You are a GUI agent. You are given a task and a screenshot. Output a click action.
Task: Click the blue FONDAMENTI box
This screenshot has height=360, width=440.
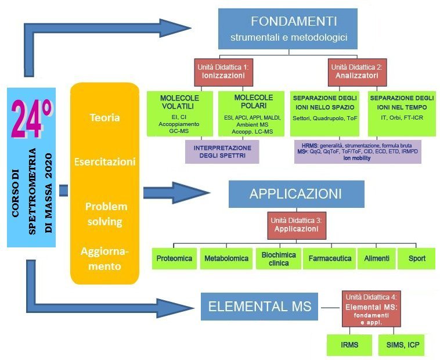coord(287,29)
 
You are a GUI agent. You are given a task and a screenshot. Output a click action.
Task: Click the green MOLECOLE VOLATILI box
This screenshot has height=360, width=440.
coord(179,113)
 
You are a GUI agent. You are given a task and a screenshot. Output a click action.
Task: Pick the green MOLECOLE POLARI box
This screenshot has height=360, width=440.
coord(253,113)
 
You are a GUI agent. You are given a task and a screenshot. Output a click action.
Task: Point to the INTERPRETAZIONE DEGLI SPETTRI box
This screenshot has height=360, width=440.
coord(221,151)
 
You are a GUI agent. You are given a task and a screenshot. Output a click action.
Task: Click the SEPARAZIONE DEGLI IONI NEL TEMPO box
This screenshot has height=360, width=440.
coord(401,113)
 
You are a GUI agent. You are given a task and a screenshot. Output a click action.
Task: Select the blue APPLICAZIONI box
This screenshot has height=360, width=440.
coord(296,194)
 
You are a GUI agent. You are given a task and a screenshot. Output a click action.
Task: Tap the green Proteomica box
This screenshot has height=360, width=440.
coord(174,258)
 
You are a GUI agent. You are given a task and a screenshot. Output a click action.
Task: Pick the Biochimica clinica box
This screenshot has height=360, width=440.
coord(277,258)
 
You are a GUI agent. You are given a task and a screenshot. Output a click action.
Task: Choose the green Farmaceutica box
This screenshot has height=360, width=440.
coord(329,258)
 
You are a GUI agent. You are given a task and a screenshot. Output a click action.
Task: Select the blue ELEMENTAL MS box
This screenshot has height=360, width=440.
coord(259,307)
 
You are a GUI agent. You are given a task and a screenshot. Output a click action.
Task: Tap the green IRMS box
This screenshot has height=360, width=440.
coord(349,345)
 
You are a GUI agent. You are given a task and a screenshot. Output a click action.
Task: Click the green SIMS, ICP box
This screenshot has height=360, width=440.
coord(402,345)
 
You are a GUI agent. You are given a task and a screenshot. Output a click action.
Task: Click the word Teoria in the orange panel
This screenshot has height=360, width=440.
coord(104,118)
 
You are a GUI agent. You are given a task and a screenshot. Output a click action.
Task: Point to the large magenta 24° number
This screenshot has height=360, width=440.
coord(31,119)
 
